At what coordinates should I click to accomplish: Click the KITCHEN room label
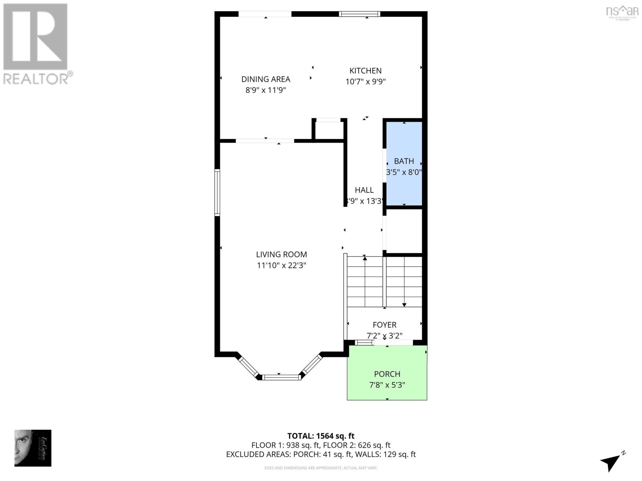(365, 71)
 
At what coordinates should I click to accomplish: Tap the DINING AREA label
(266, 79)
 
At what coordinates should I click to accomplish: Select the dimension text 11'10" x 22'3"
(282, 265)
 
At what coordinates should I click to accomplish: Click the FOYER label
(384, 325)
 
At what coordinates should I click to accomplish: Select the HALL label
(364, 190)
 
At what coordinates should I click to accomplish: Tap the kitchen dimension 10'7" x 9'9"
(365, 82)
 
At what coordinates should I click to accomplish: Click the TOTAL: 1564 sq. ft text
(321, 436)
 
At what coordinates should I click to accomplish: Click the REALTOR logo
(36, 44)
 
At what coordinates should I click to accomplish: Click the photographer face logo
(33, 448)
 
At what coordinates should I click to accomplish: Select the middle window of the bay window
(281, 377)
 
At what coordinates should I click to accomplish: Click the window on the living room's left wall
(217, 192)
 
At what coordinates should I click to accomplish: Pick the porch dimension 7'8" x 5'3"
(387, 385)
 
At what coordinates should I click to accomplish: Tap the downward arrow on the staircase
(404, 304)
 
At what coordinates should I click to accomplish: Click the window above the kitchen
(359, 14)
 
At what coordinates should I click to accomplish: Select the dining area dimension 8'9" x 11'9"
(266, 90)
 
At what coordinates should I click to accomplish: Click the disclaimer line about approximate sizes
(321, 468)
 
